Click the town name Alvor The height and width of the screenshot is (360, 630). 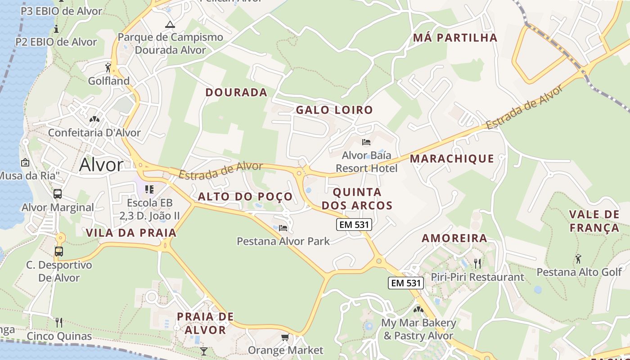101,165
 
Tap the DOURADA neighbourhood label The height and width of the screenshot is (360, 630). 236,93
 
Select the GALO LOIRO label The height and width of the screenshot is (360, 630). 334,110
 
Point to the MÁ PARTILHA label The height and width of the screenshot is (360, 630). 455,38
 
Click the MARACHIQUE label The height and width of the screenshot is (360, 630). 452,158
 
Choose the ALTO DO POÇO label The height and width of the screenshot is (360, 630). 245,197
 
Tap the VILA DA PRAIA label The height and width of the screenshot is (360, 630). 131,233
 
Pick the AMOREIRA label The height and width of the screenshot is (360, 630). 454,238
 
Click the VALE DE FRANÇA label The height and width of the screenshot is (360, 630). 594,221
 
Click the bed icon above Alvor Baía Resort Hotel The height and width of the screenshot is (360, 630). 366,142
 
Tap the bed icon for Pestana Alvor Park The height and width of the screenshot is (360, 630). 283,228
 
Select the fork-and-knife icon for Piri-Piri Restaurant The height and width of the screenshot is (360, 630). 477,263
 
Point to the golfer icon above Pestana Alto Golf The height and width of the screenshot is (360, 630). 578,259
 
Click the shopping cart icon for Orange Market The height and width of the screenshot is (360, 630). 285,337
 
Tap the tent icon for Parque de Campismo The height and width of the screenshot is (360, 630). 170,24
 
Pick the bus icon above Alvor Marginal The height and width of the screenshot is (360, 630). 58,194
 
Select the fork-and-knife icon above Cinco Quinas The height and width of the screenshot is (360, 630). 58,322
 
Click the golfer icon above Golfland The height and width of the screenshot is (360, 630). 108,67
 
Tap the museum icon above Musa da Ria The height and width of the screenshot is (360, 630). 25,162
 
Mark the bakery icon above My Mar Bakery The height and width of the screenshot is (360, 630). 418,310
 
